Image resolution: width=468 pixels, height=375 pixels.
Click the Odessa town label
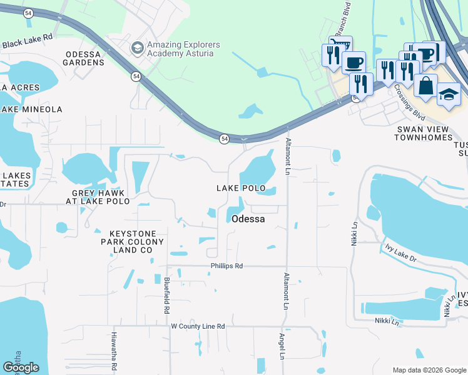click(248, 219)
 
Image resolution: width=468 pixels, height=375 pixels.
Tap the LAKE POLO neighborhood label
click(241, 188)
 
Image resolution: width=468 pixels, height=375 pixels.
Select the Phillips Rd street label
click(226, 266)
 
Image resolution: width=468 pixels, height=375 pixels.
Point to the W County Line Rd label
click(198, 326)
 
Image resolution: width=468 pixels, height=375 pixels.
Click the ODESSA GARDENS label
click(83, 58)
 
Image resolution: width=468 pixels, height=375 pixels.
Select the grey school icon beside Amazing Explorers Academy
click(136, 48)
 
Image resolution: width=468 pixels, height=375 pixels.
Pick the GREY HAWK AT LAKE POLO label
click(100, 197)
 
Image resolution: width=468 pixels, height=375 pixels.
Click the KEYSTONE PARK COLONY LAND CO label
click(133, 241)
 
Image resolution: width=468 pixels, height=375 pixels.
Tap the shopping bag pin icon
click(425, 86)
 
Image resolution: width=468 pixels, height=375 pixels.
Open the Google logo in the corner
click(21, 367)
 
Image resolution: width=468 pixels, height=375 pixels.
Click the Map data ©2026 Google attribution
click(429, 370)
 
